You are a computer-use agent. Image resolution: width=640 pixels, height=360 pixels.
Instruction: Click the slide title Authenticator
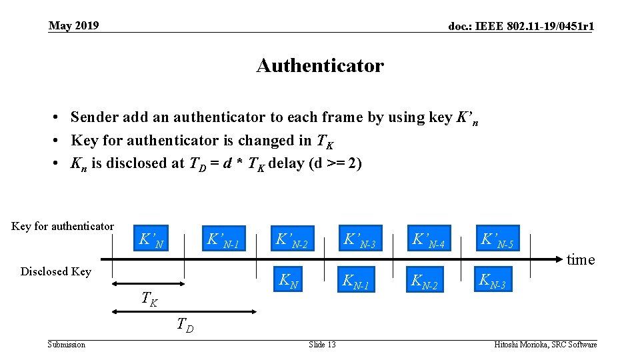click(319, 66)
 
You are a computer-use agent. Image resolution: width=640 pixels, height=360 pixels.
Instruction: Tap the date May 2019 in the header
click(73, 26)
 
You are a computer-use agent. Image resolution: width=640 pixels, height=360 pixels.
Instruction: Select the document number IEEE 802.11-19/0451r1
click(521, 27)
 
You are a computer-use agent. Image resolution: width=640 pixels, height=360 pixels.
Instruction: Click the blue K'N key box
click(150, 239)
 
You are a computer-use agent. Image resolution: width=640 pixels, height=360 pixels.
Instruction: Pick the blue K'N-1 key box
click(222, 239)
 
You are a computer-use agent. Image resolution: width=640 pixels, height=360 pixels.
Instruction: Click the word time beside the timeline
click(580, 260)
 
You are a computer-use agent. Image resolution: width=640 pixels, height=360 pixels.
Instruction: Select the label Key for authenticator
click(63, 226)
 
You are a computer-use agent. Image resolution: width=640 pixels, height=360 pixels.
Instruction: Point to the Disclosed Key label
click(55, 271)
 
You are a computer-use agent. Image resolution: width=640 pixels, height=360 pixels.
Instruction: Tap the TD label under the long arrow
click(185, 325)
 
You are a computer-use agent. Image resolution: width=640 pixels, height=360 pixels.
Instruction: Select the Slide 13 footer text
click(322, 344)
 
